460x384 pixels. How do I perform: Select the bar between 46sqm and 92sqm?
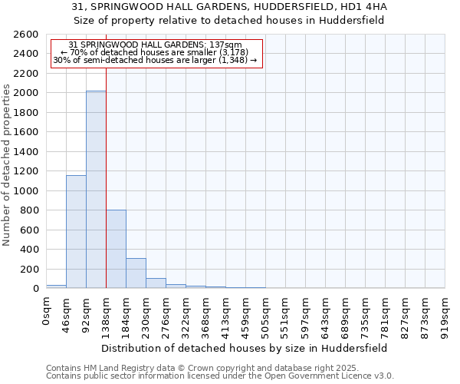tap(76, 231)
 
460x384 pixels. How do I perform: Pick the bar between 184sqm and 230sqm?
tap(136, 273)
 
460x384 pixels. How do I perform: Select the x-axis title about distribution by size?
tap(245, 347)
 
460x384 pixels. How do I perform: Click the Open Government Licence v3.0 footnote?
tap(220, 376)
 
